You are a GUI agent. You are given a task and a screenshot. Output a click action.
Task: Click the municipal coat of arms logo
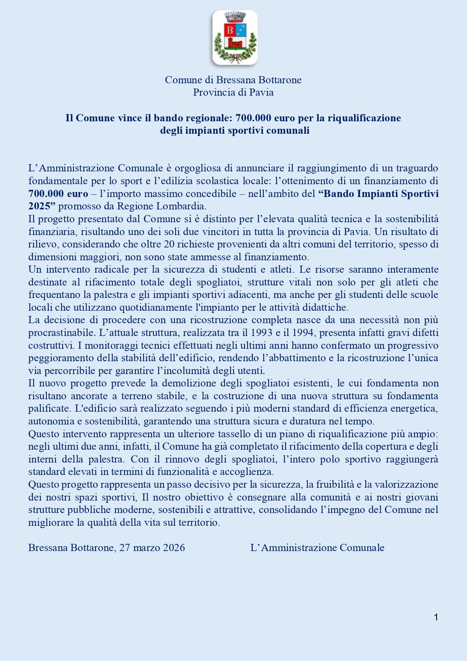(x=235, y=38)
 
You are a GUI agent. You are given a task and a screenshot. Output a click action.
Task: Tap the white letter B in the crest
(x=230, y=30)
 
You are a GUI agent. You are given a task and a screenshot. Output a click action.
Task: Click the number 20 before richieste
(x=169, y=244)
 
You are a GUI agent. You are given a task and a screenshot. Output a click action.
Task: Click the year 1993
(x=261, y=333)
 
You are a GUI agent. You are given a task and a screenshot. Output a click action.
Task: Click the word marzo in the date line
(x=146, y=548)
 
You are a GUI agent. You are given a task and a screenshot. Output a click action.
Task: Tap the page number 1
(x=436, y=617)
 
